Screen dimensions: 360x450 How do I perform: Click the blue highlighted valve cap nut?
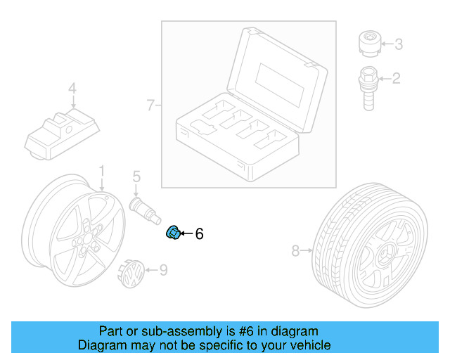[x=172, y=233]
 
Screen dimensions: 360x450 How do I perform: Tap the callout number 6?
[x=199, y=234]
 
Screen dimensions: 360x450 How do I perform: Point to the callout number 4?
[x=71, y=89]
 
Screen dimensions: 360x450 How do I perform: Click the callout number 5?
[x=136, y=176]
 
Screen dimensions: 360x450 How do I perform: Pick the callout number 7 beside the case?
[x=150, y=105]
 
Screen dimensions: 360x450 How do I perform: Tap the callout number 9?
[x=163, y=269]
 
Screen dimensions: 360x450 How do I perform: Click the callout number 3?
[x=398, y=45]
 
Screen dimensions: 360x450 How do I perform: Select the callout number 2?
[x=396, y=78]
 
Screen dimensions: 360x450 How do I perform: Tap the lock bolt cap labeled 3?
[x=368, y=44]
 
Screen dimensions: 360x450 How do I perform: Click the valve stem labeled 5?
[x=144, y=209]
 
